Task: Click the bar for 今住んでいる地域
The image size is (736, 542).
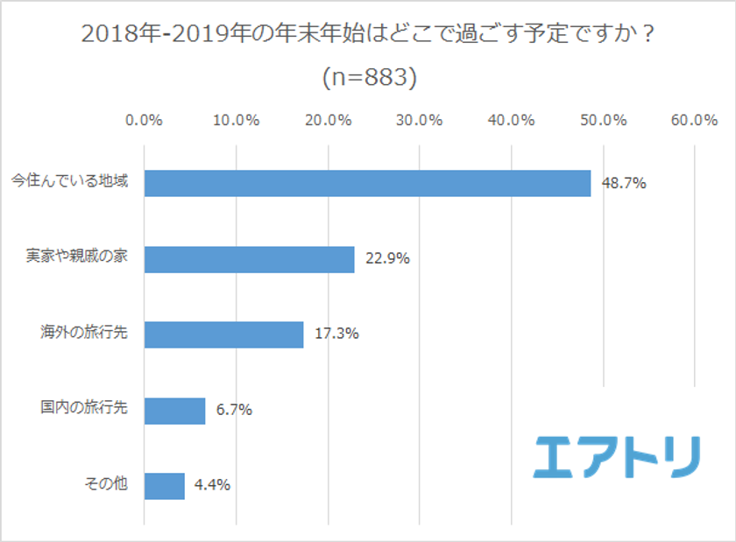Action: [368, 183]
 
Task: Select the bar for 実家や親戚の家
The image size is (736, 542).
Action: [250, 259]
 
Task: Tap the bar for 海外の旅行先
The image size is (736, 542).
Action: [224, 334]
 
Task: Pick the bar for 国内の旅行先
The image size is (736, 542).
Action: [175, 410]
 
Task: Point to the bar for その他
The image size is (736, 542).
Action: [165, 485]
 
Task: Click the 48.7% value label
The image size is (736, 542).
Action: [624, 183]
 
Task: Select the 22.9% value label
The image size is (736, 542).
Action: [386, 259]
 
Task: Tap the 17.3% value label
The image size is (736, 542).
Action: [336, 334]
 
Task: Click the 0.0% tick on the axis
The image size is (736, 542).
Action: [145, 121]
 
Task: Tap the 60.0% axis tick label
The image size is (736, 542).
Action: [694, 121]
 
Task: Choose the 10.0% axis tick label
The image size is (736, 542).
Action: [237, 121]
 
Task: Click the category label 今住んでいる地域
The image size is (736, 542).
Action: [69, 183]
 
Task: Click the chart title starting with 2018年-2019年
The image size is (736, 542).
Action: [369, 36]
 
